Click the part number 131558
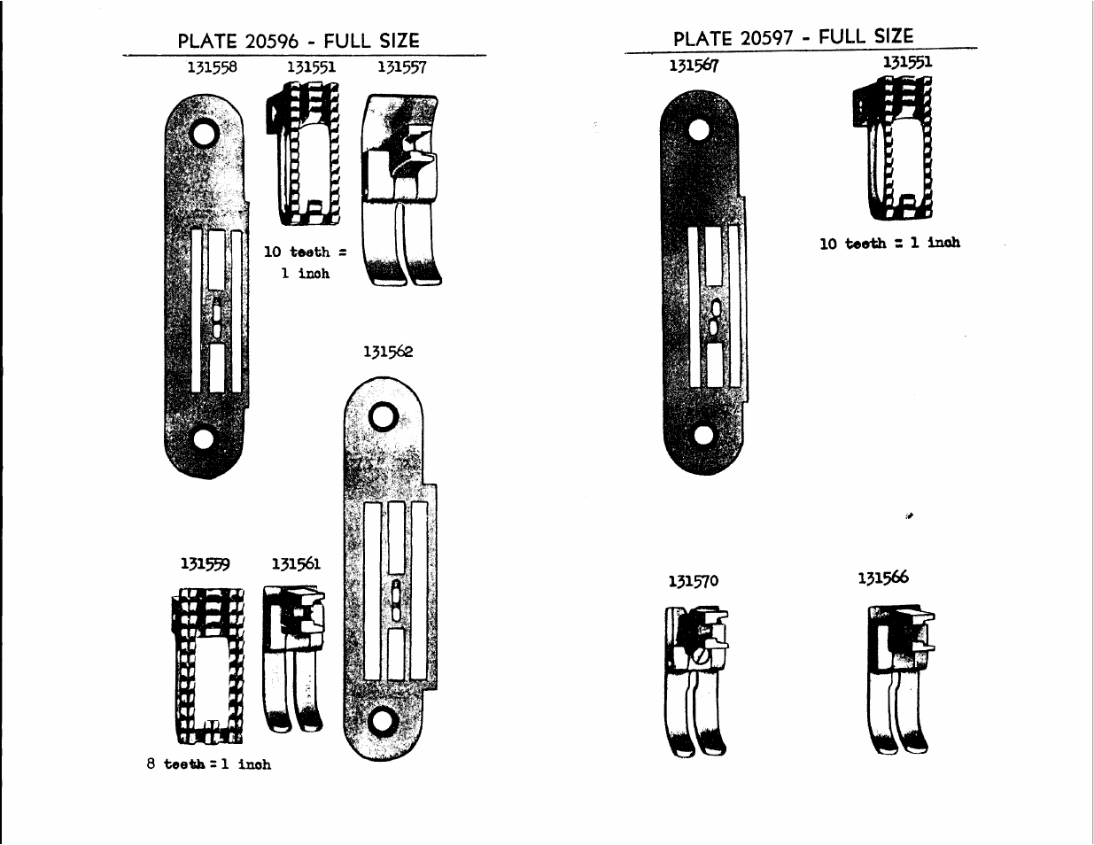tap(212, 67)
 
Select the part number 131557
tap(402, 67)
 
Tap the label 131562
tap(388, 352)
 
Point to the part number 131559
tap(206, 563)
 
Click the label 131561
tap(296, 563)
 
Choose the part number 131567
tap(694, 66)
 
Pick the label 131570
tap(694, 581)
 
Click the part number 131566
tap(883, 578)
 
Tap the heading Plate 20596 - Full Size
tap(299, 41)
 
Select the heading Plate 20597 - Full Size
tap(794, 37)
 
